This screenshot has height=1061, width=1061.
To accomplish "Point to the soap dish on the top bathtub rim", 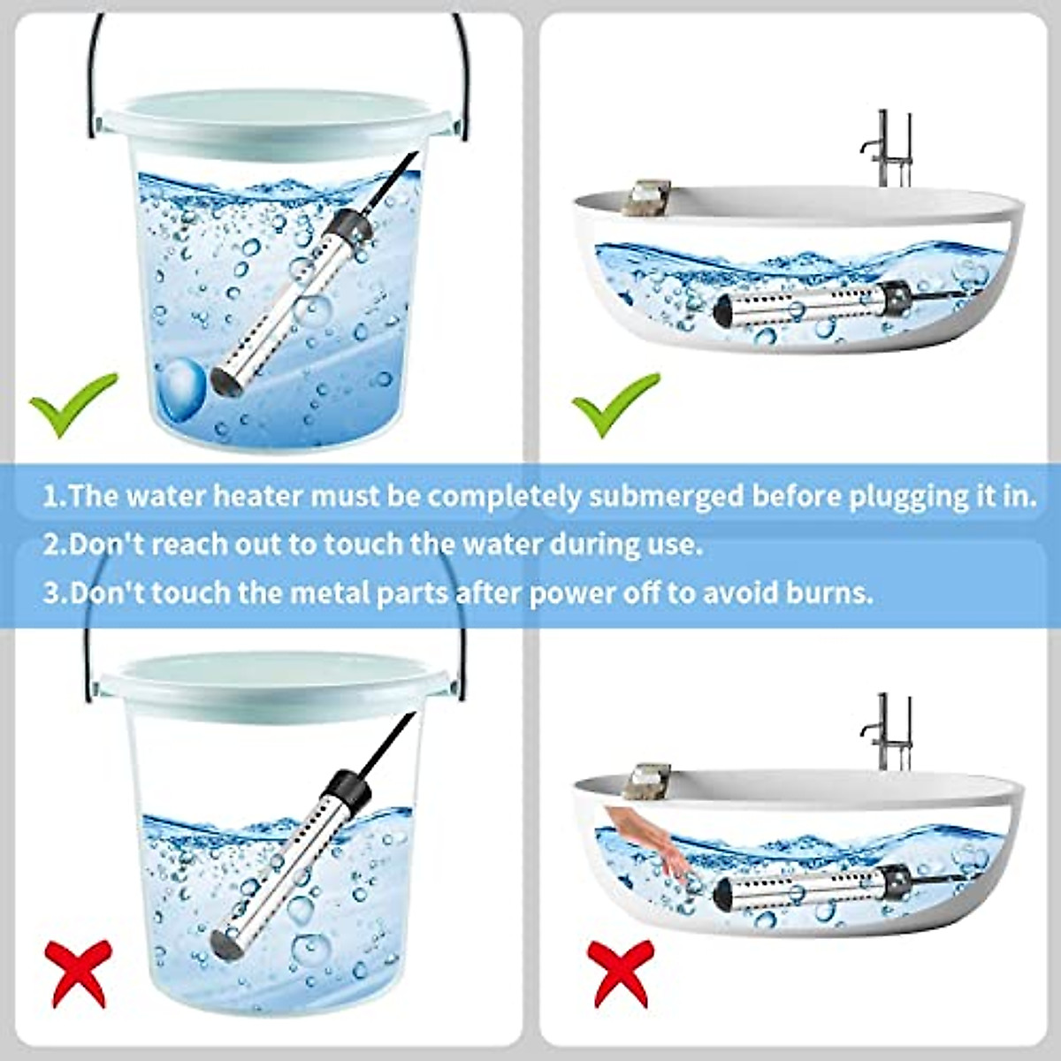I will click(x=645, y=196).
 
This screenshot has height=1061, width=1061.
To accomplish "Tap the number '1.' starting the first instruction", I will click(x=54, y=496).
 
